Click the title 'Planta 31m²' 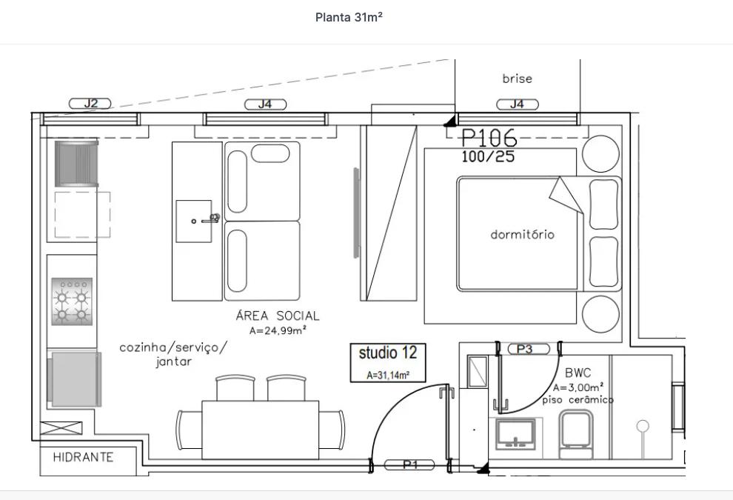[349, 18]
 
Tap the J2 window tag [90, 104]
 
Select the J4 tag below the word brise [517, 104]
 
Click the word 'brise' [517, 79]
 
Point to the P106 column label [489, 139]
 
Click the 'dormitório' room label [522, 235]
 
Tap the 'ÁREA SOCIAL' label [278, 316]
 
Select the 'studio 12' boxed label [387, 353]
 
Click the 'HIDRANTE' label [83, 458]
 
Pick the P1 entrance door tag [409, 464]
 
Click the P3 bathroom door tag [524, 349]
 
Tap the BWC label [578, 373]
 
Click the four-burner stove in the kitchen [71, 301]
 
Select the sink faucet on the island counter [212, 219]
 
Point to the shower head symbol [643, 426]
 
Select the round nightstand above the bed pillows [600, 154]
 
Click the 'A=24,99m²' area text [278, 331]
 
